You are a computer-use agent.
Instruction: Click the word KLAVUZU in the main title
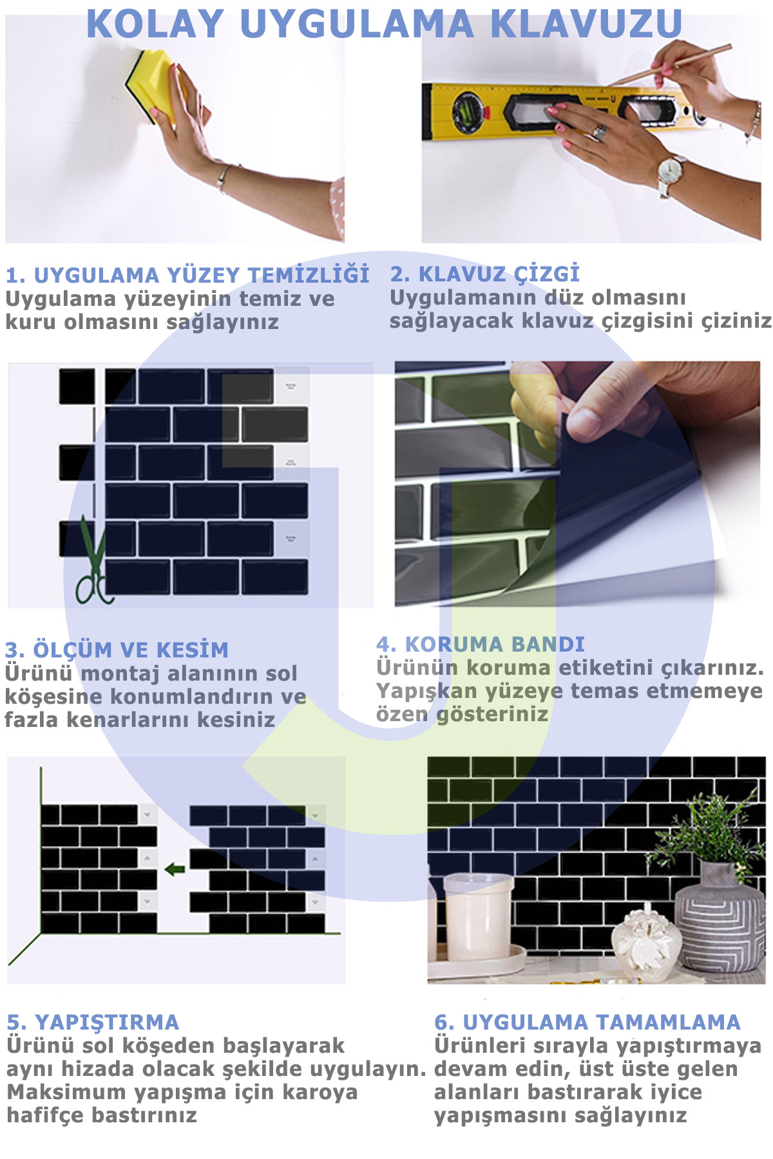tap(586, 24)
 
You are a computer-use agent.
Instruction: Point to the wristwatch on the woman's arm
tap(670, 171)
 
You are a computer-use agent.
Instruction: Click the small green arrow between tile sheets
tap(175, 870)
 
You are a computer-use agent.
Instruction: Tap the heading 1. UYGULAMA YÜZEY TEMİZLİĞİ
tap(187, 276)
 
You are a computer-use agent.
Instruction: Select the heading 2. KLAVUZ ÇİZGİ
tap(484, 274)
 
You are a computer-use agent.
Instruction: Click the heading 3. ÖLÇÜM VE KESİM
tap(117, 650)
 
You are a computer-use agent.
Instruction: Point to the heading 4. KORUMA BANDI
tap(481, 645)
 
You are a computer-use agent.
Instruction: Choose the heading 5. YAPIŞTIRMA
tap(93, 1022)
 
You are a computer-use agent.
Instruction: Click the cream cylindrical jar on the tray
tap(477, 914)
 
